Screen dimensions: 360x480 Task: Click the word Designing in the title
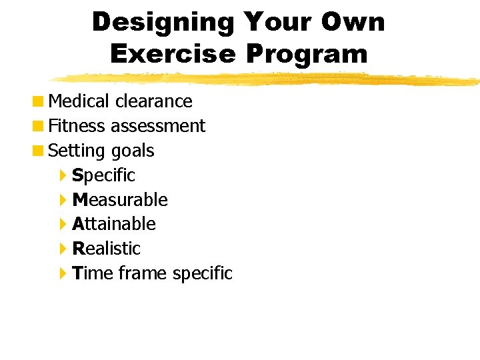coord(163,23)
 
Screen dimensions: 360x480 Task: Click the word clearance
coord(153,101)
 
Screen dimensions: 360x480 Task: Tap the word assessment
coord(158,126)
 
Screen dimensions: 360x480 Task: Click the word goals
coord(133,151)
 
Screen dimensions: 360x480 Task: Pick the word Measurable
coord(120,200)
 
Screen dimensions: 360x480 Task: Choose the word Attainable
coord(114,224)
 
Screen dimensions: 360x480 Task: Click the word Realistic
coord(107,249)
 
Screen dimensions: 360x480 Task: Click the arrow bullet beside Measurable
coord(63,200)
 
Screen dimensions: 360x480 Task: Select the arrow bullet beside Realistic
coord(63,249)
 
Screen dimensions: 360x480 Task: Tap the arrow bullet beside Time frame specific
coord(63,273)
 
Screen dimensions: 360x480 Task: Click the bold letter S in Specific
coord(77,175)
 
